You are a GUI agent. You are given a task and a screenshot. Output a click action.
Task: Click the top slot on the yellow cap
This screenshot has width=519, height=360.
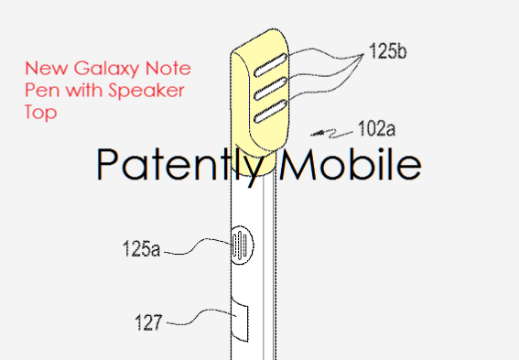point(265,66)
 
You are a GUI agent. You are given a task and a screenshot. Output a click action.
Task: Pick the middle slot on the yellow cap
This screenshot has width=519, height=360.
point(264,90)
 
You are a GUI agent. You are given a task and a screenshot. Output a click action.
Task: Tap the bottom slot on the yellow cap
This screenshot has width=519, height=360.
point(263,114)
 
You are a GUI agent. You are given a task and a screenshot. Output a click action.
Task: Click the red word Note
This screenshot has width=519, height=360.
point(149,70)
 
